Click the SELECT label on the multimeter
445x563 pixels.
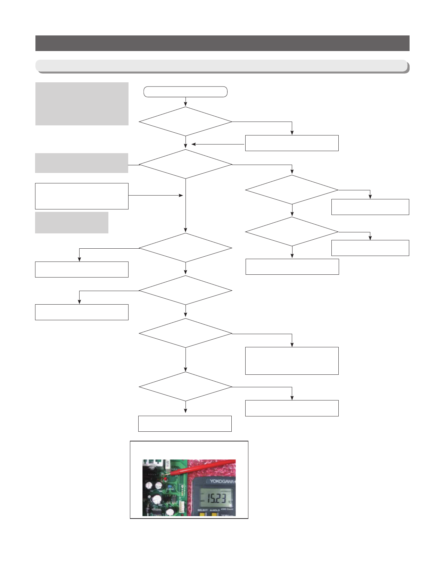[203, 510]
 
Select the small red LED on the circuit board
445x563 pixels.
[165, 479]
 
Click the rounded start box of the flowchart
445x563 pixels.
[186, 92]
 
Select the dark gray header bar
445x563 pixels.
[222, 43]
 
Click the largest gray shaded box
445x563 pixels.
[82, 104]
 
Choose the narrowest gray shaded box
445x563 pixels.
[72, 223]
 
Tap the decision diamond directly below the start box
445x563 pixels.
[186, 122]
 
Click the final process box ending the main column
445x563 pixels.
[185, 424]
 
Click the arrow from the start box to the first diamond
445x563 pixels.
[186, 101]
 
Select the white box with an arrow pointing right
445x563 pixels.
[82, 196]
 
